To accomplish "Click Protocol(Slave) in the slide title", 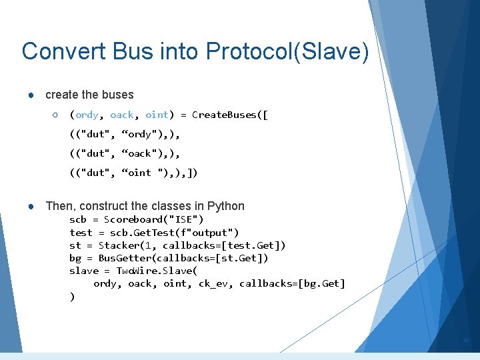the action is pyautogui.click(x=287, y=51).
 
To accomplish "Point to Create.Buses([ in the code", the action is pyautogui.click(x=230, y=115).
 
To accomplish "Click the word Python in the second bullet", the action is pyautogui.click(x=226, y=206).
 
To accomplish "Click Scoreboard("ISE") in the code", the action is pyautogui.click(x=154, y=219).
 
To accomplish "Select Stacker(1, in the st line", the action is pyautogui.click(x=128, y=245).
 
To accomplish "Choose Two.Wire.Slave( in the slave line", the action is pyautogui.click(x=157, y=271).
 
